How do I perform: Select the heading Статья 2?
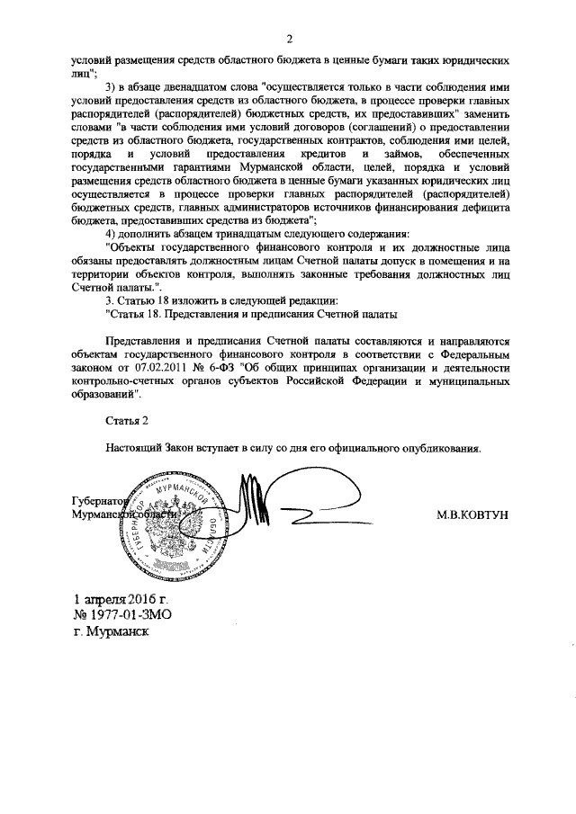point(121,420)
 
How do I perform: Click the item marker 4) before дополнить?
point(112,234)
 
